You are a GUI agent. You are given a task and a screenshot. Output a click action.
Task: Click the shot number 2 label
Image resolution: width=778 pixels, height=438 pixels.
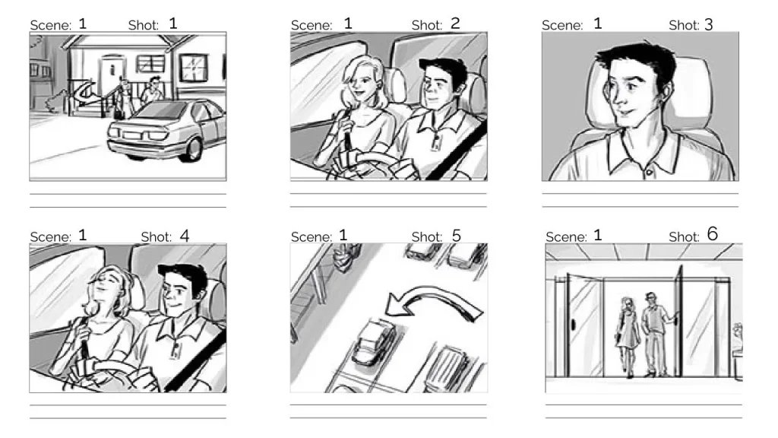click(x=455, y=24)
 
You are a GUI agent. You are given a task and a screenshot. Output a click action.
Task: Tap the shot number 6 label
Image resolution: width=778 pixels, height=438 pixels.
click(x=712, y=234)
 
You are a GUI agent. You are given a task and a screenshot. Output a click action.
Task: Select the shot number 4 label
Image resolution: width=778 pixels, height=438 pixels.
click(x=184, y=236)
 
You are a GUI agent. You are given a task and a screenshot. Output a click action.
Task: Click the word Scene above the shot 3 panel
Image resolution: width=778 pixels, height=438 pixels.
click(x=562, y=25)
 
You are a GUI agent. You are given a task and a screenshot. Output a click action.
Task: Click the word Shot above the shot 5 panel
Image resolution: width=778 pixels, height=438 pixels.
click(x=426, y=236)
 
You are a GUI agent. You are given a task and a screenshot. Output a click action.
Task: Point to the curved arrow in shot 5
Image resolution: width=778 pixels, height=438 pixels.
click(x=433, y=304)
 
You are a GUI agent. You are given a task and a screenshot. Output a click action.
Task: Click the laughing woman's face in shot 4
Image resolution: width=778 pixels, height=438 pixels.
click(x=103, y=291)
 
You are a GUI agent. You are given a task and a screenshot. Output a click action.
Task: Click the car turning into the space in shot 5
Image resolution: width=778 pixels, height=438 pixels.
click(x=373, y=341)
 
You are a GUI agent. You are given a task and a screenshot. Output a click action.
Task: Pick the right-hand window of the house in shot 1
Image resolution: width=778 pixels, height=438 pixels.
click(x=193, y=72)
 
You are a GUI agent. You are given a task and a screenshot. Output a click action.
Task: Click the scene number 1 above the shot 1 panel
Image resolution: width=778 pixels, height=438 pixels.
click(x=82, y=24)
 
